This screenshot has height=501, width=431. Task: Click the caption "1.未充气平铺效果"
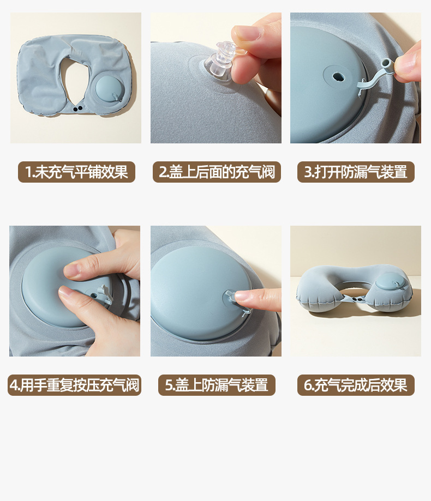(76, 172)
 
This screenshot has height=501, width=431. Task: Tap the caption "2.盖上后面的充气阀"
(217, 172)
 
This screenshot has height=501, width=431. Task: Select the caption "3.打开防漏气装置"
(356, 172)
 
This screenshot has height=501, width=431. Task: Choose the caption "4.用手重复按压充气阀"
(74, 385)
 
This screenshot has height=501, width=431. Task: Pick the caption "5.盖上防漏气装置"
(217, 385)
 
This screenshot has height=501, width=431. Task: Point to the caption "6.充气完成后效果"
(356, 385)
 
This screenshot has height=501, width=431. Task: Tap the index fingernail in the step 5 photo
(242, 295)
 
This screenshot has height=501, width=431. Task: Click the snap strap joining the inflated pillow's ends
(356, 300)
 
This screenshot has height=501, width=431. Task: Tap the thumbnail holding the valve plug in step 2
(247, 33)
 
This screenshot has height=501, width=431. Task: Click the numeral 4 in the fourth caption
(14, 385)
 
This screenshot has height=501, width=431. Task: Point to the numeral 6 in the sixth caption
(308, 385)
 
